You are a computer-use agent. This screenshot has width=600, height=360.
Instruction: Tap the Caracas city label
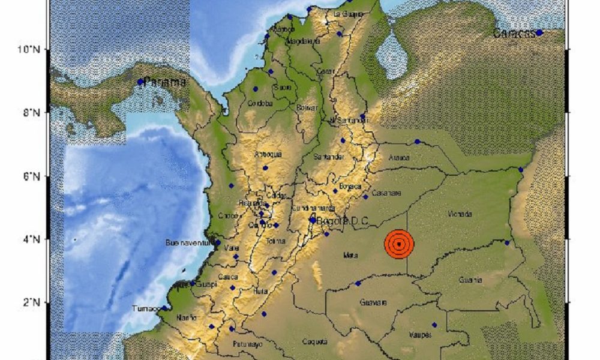[x=514, y=34]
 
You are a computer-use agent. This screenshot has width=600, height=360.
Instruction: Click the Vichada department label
[x=460, y=214]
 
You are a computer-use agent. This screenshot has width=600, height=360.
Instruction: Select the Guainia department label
[x=470, y=280]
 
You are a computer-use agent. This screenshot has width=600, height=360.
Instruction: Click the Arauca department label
[x=400, y=158]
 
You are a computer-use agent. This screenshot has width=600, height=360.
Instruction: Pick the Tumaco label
[x=146, y=309]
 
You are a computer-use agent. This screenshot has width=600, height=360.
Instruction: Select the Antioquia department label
[x=268, y=155]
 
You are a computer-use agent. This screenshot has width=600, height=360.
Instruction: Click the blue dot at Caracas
[x=539, y=32]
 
